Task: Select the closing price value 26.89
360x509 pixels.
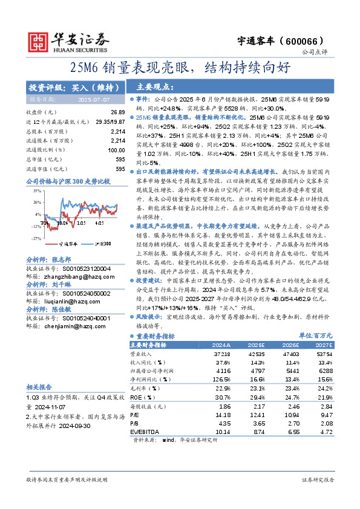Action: [x=117, y=113]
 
